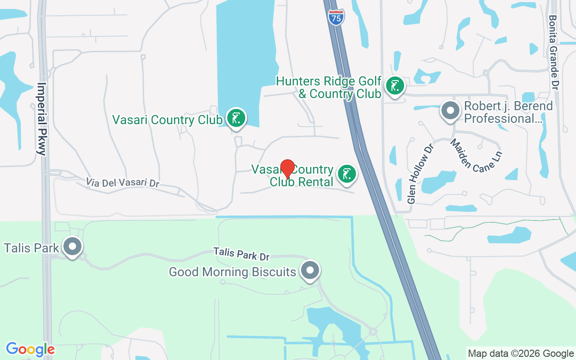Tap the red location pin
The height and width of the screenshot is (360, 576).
click(288, 169)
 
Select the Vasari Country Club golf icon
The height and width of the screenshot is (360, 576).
click(236, 118)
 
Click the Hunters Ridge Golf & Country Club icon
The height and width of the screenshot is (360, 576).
click(395, 85)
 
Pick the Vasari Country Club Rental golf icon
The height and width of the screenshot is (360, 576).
click(346, 174)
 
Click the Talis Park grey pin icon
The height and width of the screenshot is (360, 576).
click(72, 247)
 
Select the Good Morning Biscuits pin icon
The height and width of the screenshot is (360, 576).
click(310, 270)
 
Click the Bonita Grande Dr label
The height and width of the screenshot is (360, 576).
click(553, 52)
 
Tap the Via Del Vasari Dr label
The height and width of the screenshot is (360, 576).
click(123, 182)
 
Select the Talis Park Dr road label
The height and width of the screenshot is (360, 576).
click(241, 254)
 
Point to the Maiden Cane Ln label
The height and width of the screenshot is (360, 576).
click(476, 155)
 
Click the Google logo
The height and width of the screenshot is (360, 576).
click(30, 349)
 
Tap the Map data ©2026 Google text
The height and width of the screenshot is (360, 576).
click(521, 354)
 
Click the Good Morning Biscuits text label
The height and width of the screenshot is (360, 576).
click(233, 272)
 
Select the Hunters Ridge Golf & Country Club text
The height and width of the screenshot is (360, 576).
click(328, 87)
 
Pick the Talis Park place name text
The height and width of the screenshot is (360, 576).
click(31, 248)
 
